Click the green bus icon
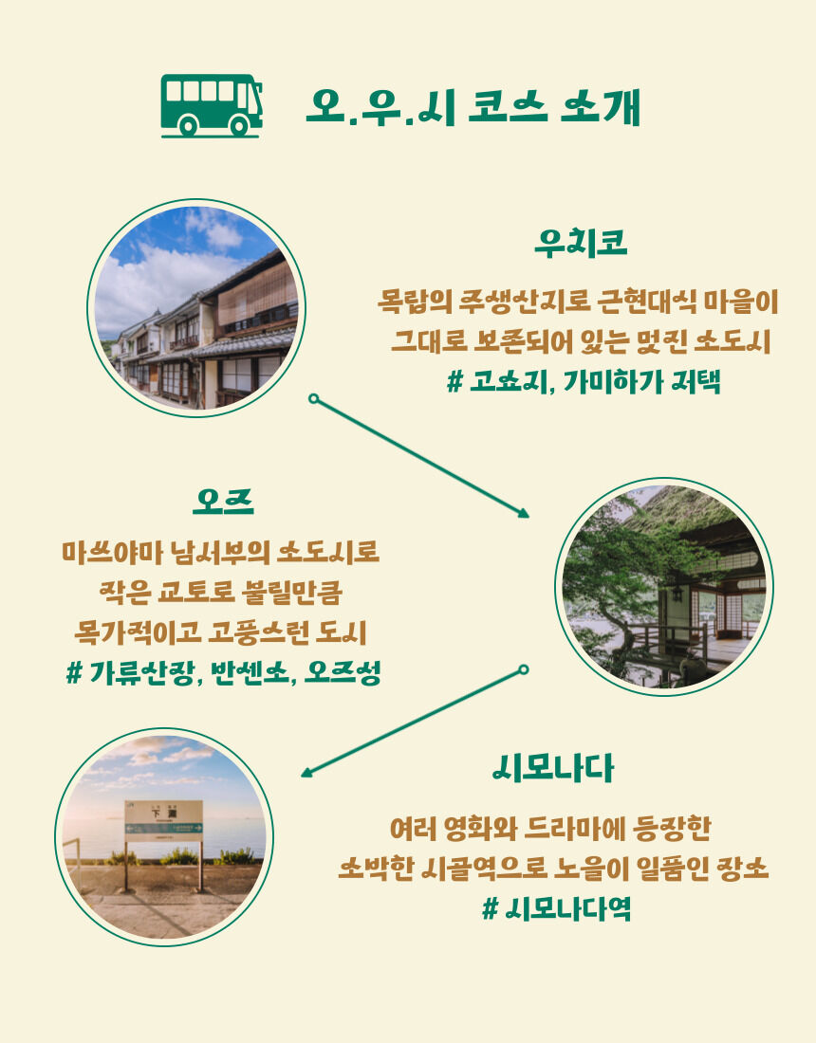212,106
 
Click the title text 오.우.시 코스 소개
473,106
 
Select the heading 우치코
581,242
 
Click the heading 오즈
224,501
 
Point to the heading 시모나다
553,768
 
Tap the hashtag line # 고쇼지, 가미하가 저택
584,382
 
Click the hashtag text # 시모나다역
556,908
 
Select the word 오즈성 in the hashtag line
343,673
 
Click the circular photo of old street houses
196,308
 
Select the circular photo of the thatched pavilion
664,587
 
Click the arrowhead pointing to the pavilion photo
523,512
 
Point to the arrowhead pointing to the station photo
306,772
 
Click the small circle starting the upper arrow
313,398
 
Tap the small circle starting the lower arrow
524,669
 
